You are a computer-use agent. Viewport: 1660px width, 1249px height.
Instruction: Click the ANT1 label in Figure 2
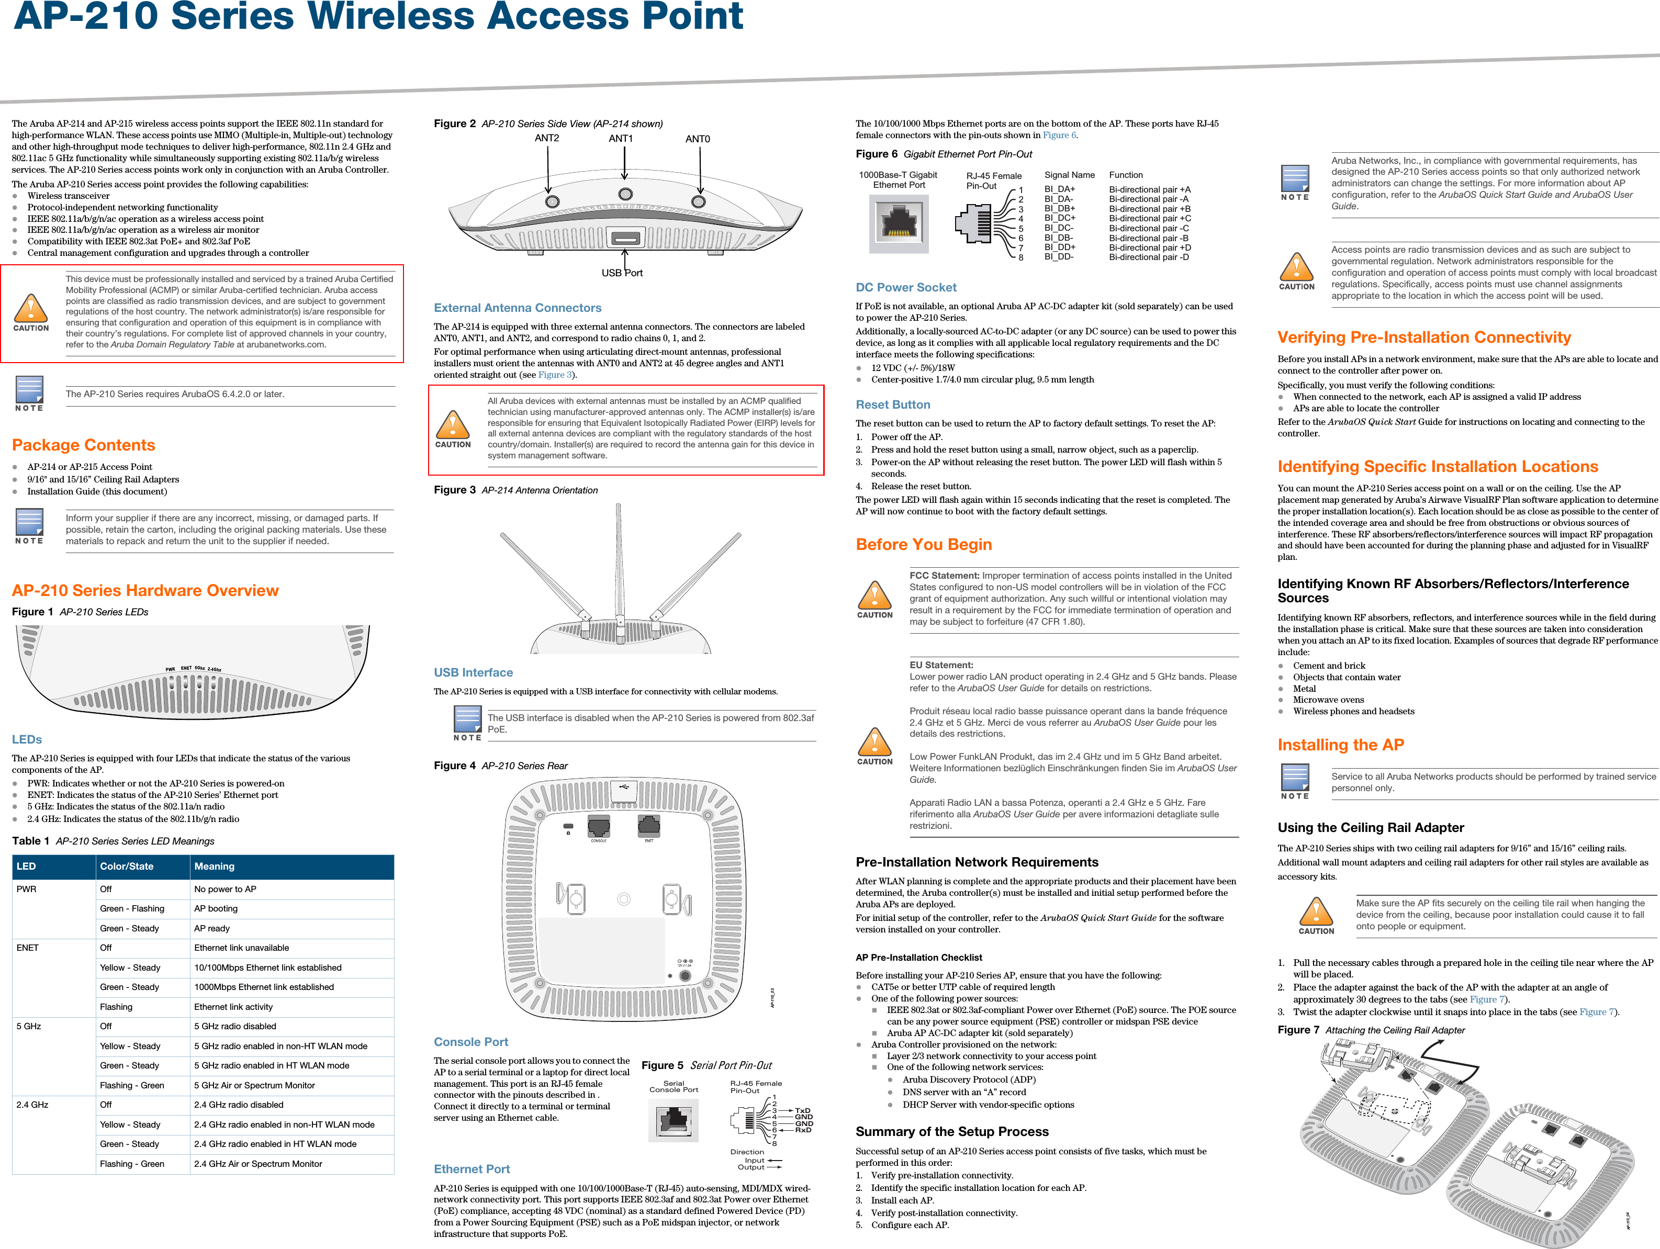pos(621,139)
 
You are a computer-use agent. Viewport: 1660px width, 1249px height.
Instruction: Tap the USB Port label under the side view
pos(622,273)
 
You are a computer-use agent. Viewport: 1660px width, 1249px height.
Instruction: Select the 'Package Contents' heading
pos(83,445)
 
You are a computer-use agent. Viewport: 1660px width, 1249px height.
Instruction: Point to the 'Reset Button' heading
pos(893,405)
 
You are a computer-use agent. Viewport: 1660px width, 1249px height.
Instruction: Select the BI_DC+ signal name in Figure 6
pos(1060,218)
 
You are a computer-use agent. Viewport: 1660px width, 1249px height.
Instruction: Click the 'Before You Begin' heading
pos(924,545)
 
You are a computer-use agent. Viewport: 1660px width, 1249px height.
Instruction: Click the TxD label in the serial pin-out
pos(802,1110)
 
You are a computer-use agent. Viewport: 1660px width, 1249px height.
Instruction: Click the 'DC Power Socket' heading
pos(906,287)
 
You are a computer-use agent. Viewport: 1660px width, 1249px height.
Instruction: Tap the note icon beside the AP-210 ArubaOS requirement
pos(30,391)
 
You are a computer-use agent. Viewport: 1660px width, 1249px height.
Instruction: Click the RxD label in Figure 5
pos(803,1130)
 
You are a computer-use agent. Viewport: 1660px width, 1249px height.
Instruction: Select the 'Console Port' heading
pos(472,1042)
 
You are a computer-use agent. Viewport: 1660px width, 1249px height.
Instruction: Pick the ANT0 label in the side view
pos(697,139)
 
